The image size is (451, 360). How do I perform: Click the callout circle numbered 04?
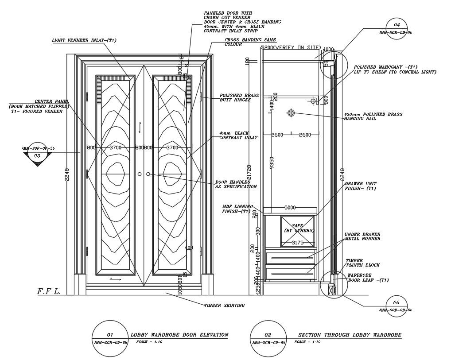click(397, 27)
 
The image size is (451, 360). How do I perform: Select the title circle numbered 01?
click(110, 338)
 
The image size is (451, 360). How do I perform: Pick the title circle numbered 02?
click(268, 338)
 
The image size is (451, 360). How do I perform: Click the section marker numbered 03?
click(37, 156)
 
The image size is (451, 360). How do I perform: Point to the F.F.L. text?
click(49, 291)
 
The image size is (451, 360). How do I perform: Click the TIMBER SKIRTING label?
click(224, 305)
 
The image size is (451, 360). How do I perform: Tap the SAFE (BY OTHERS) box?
click(299, 228)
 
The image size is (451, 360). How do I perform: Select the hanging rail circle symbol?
click(291, 113)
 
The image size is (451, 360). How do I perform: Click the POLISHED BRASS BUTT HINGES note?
click(239, 98)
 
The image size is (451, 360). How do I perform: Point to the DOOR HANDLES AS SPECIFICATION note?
click(236, 184)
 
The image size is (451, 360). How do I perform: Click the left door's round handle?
click(140, 174)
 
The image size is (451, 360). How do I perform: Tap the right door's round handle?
click(148, 174)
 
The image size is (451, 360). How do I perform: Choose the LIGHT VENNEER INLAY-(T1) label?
click(84, 40)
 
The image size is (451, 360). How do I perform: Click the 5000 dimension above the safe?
click(290, 207)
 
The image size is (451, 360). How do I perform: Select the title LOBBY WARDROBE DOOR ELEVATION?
click(179, 335)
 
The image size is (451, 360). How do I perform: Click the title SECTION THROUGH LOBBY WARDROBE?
click(350, 335)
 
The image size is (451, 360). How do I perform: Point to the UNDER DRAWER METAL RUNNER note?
click(362, 236)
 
